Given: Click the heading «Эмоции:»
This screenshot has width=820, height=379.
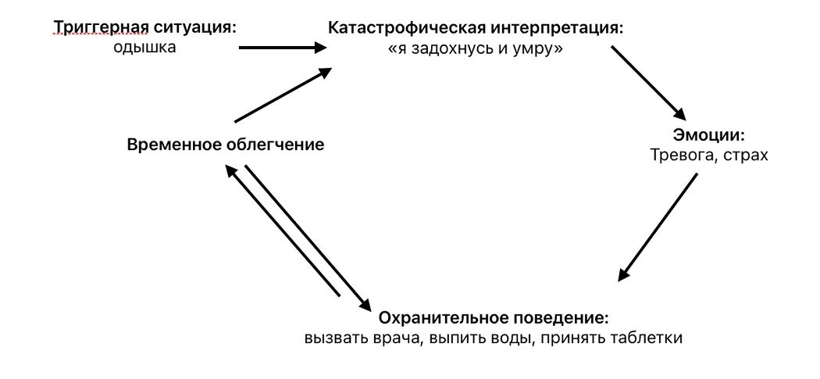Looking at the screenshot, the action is pos(709,134).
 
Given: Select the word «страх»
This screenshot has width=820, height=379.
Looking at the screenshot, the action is pos(746,155).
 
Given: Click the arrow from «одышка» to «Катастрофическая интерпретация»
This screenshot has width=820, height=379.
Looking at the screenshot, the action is pos(281,48).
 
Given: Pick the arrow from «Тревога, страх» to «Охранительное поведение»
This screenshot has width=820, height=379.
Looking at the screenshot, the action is pos(658,227).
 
